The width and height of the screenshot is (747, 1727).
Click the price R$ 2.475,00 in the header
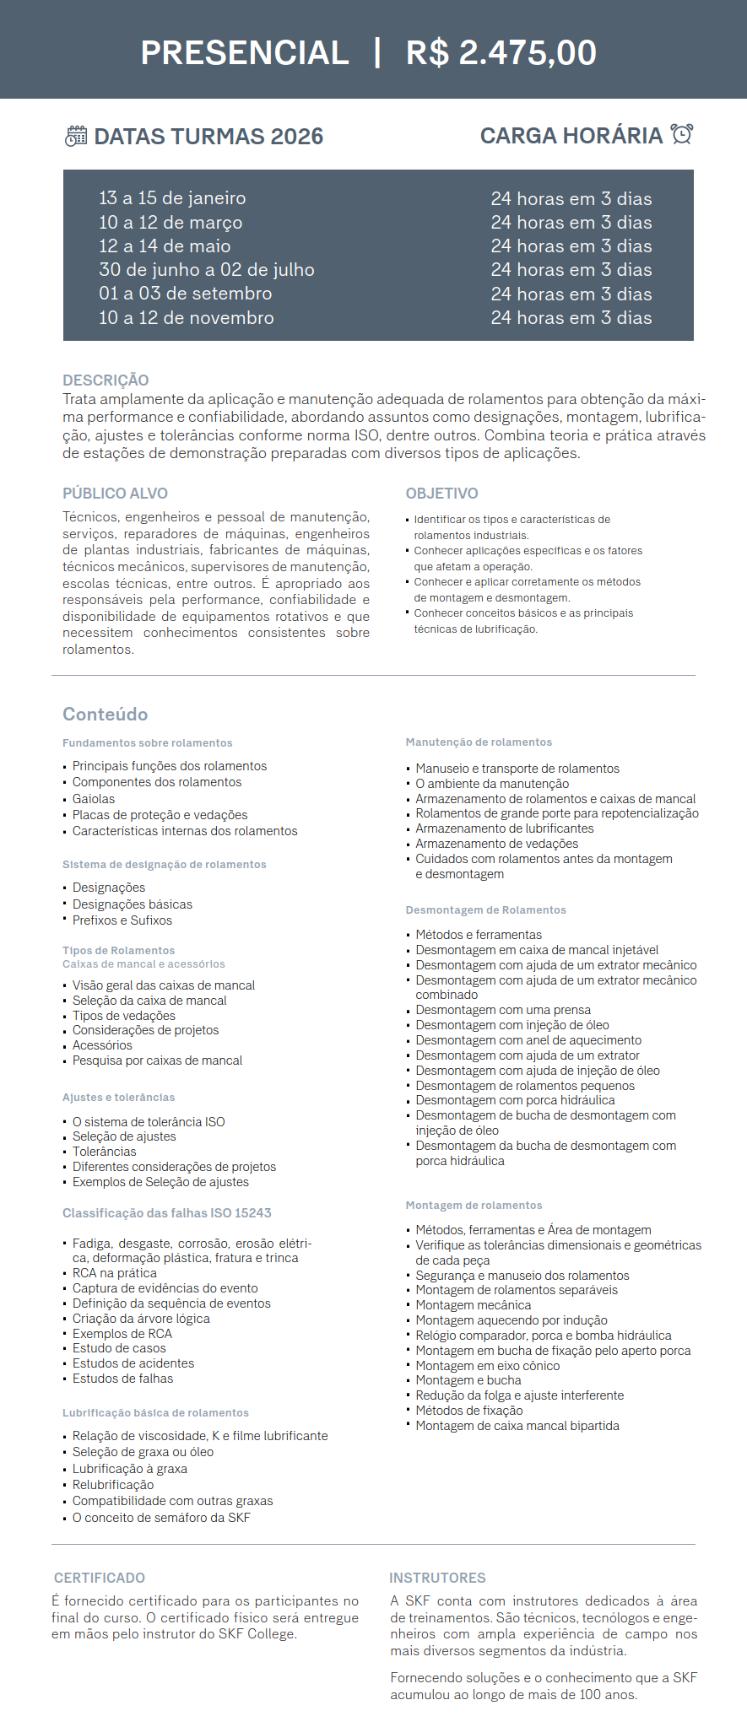point(501,53)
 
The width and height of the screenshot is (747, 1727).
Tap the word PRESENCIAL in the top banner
point(245,53)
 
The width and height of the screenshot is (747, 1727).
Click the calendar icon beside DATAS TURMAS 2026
point(76,136)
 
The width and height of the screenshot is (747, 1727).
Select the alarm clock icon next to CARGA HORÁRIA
point(682,134)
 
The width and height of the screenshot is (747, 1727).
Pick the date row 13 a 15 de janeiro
point(172,198)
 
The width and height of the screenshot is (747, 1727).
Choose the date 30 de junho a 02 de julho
point(206,270)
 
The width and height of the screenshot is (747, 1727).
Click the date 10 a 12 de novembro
point(186,318)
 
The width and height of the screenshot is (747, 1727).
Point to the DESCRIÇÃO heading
point(106,380)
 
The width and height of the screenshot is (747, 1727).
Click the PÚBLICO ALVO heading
point(115,494)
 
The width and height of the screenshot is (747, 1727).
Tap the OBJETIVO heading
point(441,494)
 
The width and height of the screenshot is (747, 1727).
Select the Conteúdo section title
point(105,715)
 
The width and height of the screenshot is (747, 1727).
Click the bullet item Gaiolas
point(94,799)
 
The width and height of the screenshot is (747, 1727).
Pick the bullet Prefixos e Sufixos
point(122,920)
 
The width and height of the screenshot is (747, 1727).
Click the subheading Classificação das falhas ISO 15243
point(167,1213)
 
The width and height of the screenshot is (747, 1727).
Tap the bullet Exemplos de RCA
point(122,1334)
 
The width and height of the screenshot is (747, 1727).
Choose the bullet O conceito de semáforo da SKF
point(161,1518)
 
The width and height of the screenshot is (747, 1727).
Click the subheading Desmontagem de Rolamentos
point(485,910)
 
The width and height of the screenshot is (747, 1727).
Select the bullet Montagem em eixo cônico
point(487,1366)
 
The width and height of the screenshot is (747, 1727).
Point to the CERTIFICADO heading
point(100,1578)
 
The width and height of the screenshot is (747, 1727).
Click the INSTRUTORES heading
point(437,1578)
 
